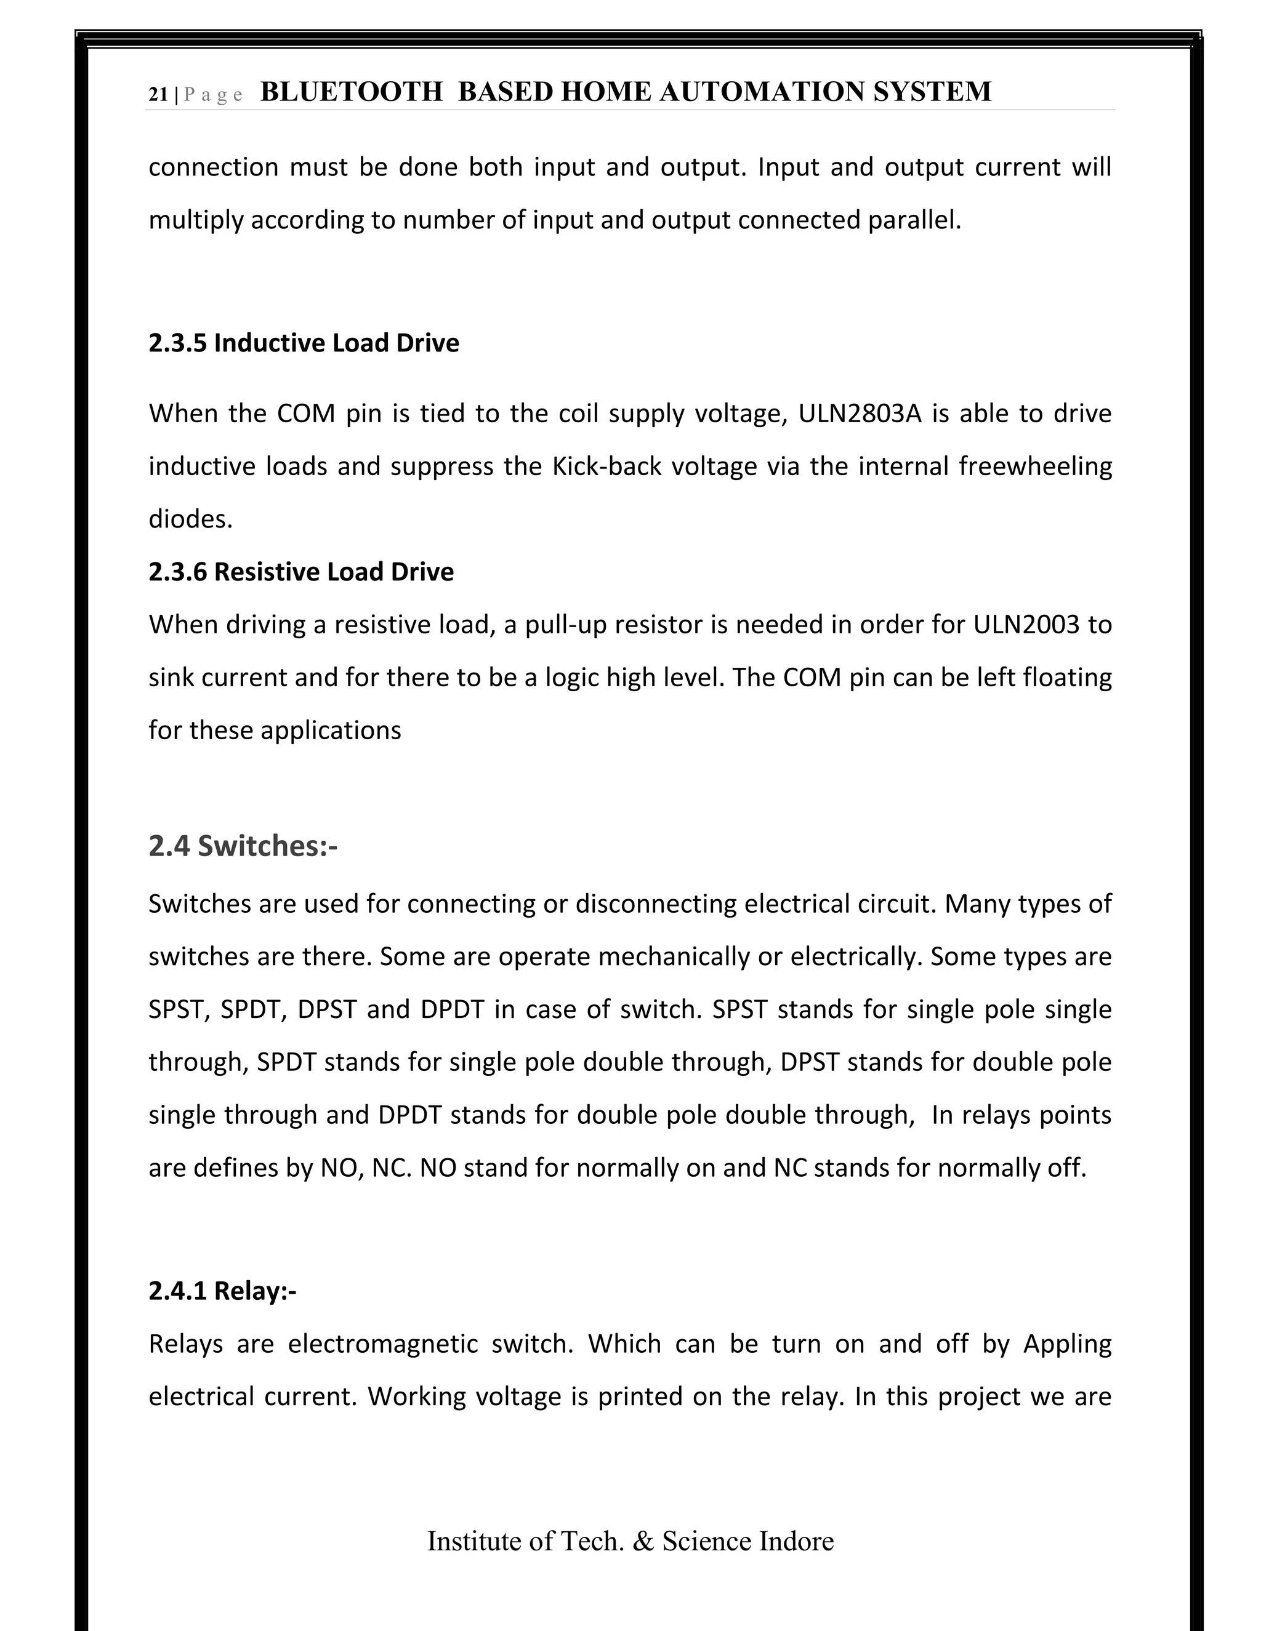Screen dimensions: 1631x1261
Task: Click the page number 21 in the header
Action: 158,95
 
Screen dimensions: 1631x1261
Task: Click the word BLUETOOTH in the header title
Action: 351,92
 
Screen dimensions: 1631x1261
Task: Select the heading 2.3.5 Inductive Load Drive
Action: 304,343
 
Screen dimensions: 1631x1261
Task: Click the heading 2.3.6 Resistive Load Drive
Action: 300,571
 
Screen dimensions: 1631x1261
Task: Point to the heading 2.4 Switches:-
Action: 243,846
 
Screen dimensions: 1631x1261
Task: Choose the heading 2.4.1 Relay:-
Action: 222,1291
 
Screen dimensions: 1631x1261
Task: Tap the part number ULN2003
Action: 1026,624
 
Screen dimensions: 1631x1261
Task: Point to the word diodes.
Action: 190,519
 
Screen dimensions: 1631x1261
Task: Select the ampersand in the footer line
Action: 642,1541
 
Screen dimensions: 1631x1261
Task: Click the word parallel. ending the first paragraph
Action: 914,220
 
